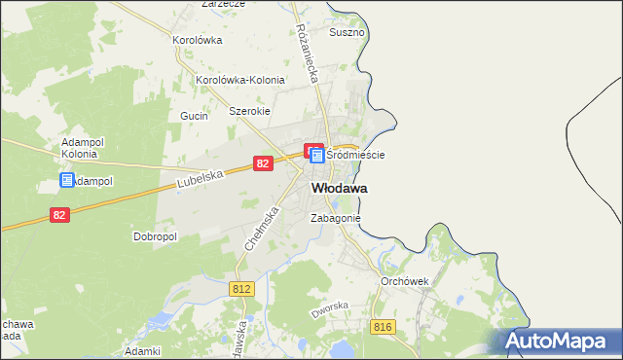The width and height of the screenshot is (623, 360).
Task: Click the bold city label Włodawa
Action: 339,188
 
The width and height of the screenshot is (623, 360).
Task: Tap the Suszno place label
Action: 347,32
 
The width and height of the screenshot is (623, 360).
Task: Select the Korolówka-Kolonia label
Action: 239,80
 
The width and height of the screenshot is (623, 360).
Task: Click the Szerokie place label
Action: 248,111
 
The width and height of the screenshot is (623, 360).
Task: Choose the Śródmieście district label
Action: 355,155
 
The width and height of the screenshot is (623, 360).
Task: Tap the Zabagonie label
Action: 336,219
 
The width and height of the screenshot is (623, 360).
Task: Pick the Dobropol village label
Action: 154,235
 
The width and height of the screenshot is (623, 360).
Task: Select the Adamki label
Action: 142,350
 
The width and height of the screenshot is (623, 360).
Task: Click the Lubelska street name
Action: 202,178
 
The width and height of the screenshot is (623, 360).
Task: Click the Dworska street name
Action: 329,310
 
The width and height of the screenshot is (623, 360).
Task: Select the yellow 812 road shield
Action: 242,289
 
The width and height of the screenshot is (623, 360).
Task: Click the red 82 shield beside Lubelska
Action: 262,164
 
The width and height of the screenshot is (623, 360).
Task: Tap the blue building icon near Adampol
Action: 67,180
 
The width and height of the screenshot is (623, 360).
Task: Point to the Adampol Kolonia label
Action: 79,147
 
